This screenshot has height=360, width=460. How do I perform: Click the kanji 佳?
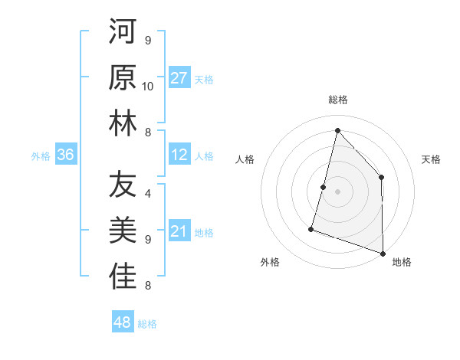tap(123, 277)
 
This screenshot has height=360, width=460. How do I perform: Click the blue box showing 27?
tap(179, 78)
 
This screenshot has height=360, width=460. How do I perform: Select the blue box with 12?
tap(179, 155)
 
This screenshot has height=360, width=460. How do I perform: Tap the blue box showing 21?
tap(179, 232)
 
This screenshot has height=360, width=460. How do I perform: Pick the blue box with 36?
tap(66, 155)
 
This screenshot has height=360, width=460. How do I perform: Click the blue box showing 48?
tap(123, 322)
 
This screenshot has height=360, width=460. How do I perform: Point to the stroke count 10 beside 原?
tap(148, 86)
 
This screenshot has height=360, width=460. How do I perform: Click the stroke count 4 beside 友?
tap(148, 194)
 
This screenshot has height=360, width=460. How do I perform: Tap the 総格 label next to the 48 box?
tap(147, 324)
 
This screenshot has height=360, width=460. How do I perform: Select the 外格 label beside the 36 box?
tap(41, 156)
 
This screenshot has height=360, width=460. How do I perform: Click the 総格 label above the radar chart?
tap(337, 100)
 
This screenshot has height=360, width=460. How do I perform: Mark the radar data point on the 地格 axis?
tap(383, 253)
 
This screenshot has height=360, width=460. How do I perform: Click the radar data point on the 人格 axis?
tap(324, 187)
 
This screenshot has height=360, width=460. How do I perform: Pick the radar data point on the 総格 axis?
tap(337, 130)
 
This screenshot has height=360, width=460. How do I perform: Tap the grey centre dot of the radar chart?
tap(337, 191)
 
